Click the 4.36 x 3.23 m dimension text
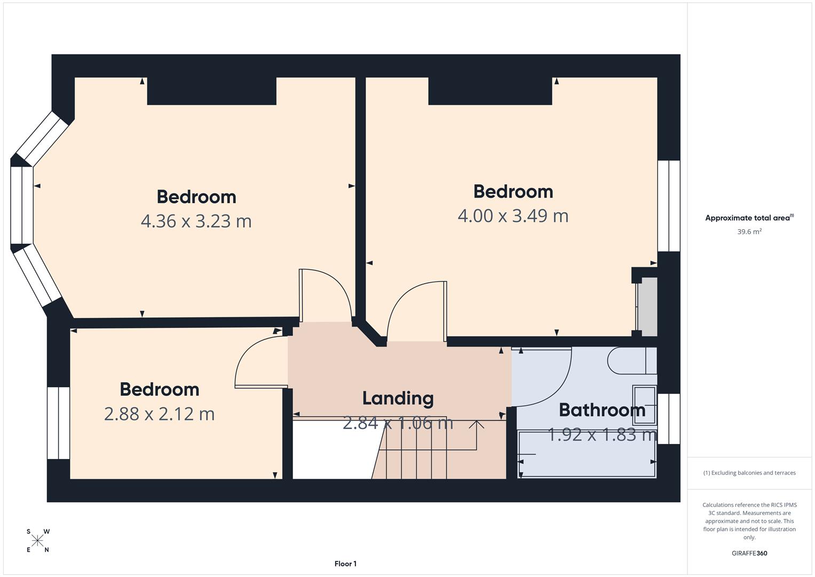(x=196, y=221)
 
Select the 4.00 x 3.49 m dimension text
(x=513, y=216)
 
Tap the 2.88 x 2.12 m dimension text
(x=159, y=414)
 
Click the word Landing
(x=398, y=399)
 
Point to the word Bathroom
(x=602, y=410)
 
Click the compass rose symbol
(x=37, y=541)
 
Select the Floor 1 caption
(x=345, y=564)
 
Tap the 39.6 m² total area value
(x=749, y=232)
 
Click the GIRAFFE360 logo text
(x=749, y=553)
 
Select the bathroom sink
(x=644, y=404)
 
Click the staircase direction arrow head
(x=476, y=424)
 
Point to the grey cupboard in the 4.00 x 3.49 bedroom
(x=647, y=307)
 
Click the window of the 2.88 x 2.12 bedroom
(x=58, y=423)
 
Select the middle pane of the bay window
(x=22, y=205)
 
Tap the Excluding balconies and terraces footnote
(x=749, y=473)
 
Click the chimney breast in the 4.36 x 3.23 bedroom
(x=211, y=91)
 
